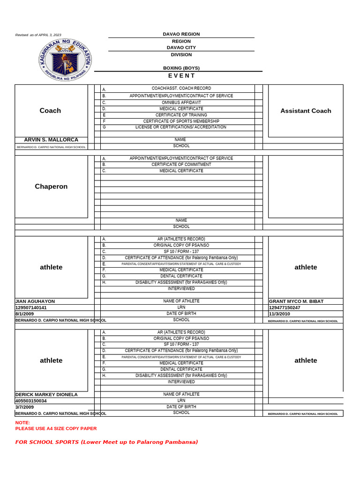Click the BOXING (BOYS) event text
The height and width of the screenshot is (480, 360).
tap(181, 68)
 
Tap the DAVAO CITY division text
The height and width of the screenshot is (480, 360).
tap(181, 47)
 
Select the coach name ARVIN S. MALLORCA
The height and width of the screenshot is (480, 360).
tap(51, 140)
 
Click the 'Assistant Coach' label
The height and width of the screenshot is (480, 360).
tap(306, 111)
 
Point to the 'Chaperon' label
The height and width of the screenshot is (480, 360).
tap(51, 186)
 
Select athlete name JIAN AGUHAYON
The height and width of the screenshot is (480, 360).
tap(35, 301)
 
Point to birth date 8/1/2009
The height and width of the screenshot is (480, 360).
tap(25, 314)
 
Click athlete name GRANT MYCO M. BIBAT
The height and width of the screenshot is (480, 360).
tap(296, 301)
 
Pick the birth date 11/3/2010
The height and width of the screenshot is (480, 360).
tap(280, 314)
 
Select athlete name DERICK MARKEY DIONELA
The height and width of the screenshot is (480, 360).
tap(46, 394)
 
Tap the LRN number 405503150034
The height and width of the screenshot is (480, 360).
tap(31, 401)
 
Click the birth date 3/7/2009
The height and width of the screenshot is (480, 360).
tap(25, 407)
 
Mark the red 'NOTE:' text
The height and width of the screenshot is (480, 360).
tap(22, 422)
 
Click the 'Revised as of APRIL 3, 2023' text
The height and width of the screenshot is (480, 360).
tap(38, 35)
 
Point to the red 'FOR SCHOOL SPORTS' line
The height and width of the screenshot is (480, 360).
tap(106, 442)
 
